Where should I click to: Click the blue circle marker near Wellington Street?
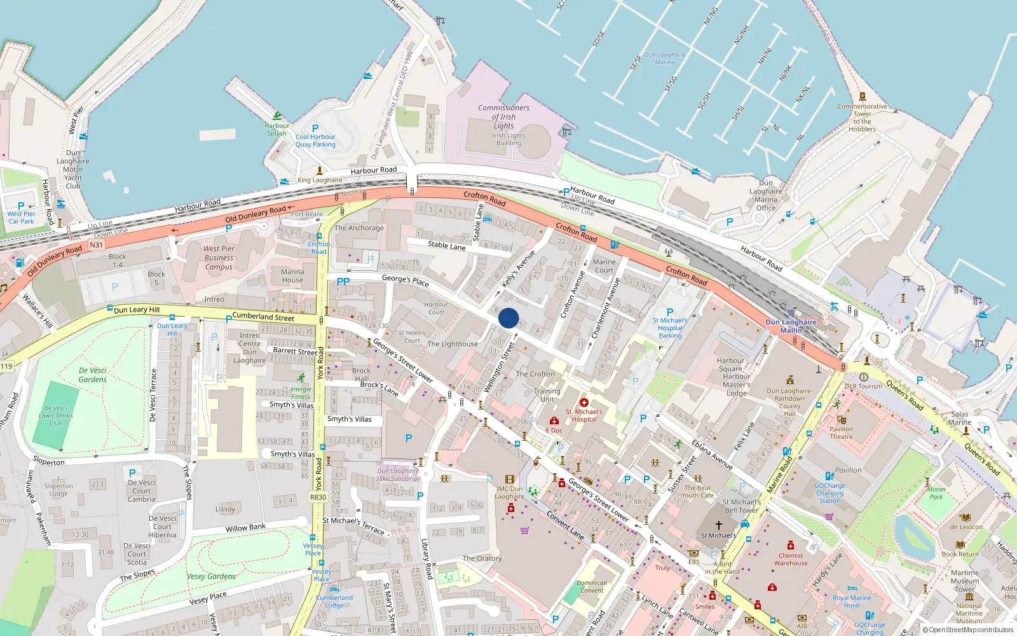(508, 318)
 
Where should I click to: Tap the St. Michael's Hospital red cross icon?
(584, 402)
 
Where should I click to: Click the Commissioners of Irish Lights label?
(503, 117)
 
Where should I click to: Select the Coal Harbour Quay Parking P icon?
(315, 128)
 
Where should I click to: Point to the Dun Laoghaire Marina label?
(665, 59)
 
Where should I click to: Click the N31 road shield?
(96, 245)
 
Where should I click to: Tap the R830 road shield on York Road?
(318, 497)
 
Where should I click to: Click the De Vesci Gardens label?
(93, 375)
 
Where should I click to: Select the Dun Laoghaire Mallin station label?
(791, 326)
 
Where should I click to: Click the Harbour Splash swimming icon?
(277, 116)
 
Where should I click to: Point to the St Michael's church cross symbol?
(719, 525)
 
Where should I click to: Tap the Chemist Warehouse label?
(791, 559)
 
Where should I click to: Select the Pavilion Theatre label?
(841, 432)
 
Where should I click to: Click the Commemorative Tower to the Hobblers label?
(862, 118)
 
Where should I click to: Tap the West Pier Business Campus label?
(219, 258)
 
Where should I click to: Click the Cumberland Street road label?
(263, 316)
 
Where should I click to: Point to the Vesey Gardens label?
(211, 576)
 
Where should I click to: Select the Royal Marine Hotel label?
(852, 602)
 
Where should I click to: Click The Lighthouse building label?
(453, 344)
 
